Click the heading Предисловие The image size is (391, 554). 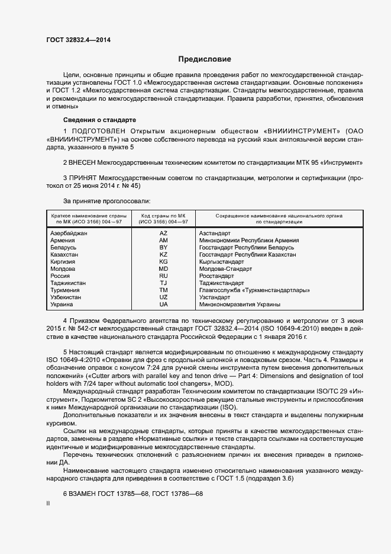205,59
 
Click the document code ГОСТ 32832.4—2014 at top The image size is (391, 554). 78,40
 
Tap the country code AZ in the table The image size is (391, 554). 163,233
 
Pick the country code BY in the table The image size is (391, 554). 163,248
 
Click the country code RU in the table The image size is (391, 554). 163,276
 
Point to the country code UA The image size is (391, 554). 163,305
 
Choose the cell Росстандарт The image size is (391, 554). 218,276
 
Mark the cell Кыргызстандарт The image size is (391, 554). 222,262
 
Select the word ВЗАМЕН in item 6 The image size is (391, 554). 89,493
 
